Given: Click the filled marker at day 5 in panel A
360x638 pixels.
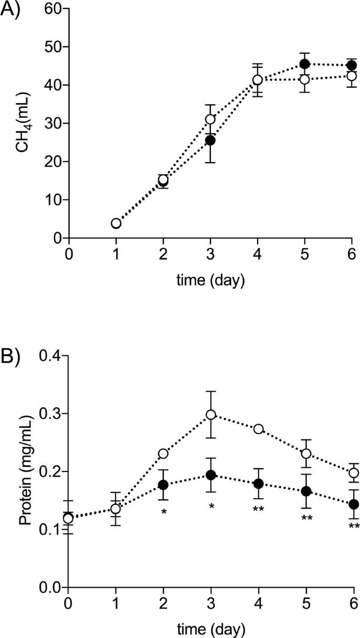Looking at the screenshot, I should (304, 64).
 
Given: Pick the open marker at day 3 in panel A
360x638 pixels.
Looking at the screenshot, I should (211, 119).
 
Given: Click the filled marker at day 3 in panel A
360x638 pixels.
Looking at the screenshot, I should (211, 140).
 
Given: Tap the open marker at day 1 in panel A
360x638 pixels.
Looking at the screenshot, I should (116, 223).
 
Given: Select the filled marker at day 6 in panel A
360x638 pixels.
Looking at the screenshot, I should (352, 65).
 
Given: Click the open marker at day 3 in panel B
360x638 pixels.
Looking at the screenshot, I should (211, 415).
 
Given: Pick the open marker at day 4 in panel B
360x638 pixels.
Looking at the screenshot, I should (258, 429).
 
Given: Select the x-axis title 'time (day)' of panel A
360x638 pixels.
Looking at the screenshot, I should (210, 281).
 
